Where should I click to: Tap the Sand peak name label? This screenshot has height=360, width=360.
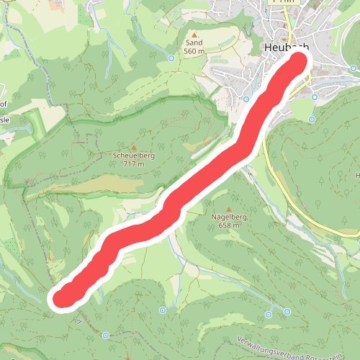(x=194, y=42)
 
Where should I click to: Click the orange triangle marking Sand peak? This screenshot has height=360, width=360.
(x=194, y=33)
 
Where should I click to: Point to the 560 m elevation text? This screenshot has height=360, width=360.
(x=194, y=51)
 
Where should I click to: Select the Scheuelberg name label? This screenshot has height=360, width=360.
(x=129, y=155)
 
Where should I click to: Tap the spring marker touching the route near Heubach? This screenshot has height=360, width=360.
(x=246, y=99)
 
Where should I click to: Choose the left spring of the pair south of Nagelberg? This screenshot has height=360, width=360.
(x=269, y=314)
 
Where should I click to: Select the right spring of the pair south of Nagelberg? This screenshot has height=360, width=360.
(x=287, y=311)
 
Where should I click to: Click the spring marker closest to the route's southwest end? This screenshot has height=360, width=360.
(x=106, y=335)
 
